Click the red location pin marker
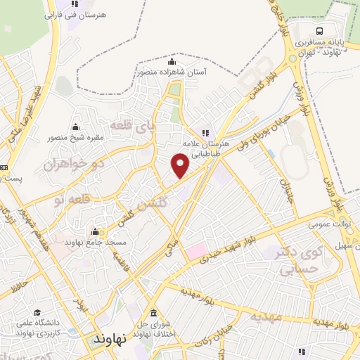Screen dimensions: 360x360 click(181, 165)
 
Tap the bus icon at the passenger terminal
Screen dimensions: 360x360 click(320, 31)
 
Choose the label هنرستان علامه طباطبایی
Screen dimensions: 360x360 click(204, 145)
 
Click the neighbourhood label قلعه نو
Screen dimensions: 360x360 click(70, 200)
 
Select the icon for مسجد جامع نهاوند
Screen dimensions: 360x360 click(95, 231)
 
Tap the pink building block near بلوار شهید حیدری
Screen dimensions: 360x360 click(197, 250)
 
